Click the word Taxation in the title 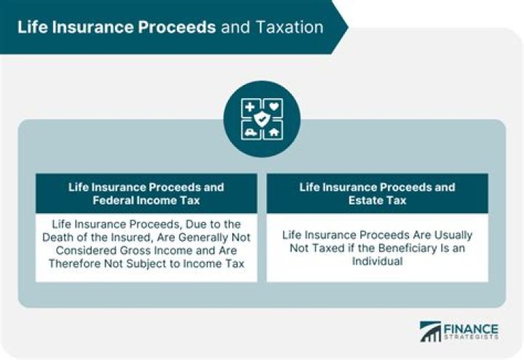tap(290, 27)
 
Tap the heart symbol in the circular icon tap(274, 106)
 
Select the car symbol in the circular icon tap(251, 131)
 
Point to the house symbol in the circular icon tap(274, 131)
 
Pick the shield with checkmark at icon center tap(262, 119)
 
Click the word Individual tap(376, 262)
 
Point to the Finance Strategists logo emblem tap(432, 332)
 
